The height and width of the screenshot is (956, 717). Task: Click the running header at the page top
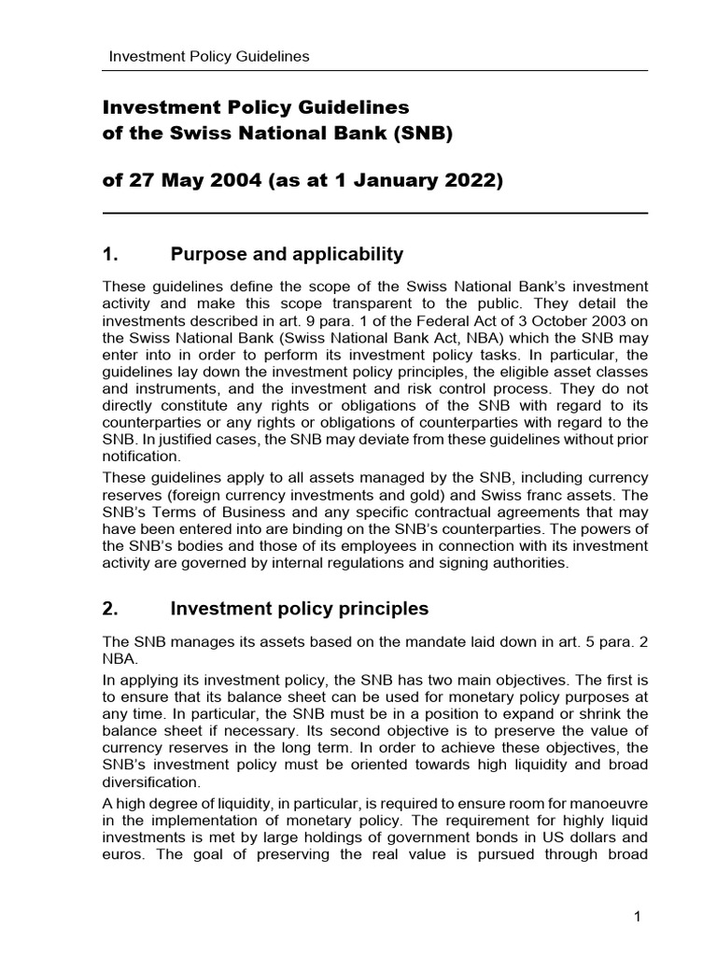209,56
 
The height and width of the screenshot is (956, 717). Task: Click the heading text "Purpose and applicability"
287,254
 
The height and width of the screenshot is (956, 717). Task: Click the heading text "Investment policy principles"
299,609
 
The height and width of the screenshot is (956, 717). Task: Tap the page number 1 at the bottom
637,917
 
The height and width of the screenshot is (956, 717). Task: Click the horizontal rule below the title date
374,214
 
